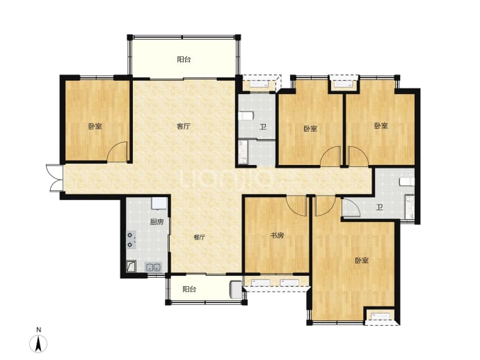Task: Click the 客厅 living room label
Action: [x=184, y=126]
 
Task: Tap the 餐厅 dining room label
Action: [x=199, y=237]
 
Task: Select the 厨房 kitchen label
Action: [x=157, y=222]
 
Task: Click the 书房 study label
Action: [x=277, y=235]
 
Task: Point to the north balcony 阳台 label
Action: [x=184, y=59]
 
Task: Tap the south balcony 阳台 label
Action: [x=189, y=289]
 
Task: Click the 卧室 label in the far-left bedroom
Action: [x=95, y=126]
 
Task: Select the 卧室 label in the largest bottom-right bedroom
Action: [x=362, y=260]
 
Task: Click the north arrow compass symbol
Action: [x=38, y=344]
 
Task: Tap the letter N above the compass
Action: [x=38, y=330]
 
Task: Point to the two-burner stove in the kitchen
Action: [x=131, y=240]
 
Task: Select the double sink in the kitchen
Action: [x=153, y=267]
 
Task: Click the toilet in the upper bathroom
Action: [x=246, y=116]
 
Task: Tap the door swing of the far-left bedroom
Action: [x=117, y=151]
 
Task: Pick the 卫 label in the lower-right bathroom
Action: [x=380, y=208]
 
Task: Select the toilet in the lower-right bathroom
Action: [x=407, y=181]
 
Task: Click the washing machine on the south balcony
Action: [x=236, y=290]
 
